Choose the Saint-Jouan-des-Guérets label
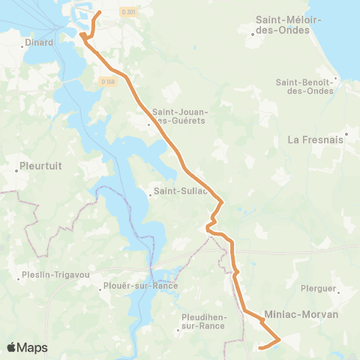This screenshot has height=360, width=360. [181, 116]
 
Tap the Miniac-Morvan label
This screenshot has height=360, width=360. [301, 314]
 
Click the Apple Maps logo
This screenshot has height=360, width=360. [28, 347]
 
